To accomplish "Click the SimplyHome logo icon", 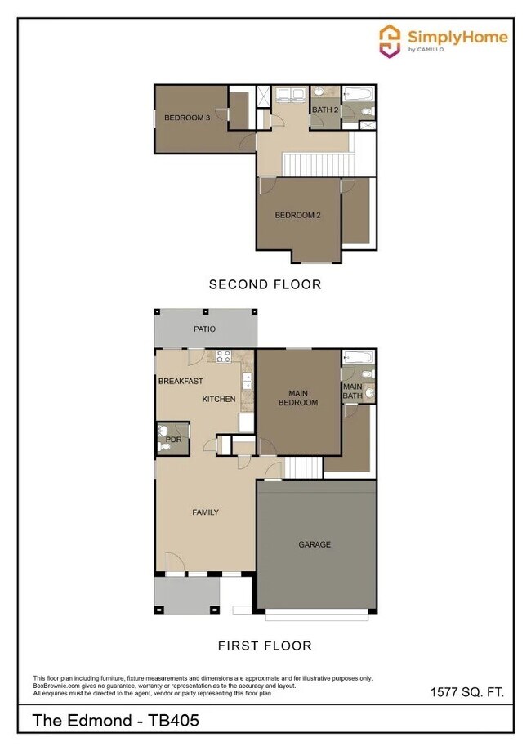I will coord(391,39).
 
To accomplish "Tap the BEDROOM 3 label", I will coord(187,118).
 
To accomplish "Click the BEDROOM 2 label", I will coord(297,216).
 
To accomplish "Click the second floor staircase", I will coord(319,164).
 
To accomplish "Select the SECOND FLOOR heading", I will coord(265,285).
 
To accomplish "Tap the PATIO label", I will coord(204,329).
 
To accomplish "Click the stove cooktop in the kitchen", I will coord(223,355).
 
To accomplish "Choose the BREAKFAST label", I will coord(181,381).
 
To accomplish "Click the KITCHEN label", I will coord(219,399).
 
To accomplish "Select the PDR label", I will coord(172,440).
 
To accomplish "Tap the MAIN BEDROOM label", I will coord(298,397).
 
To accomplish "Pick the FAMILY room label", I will coord(205,512).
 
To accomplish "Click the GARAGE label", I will coord(314,544).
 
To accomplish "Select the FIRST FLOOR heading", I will coord(265,646).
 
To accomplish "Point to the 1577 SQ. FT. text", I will coord(467,692).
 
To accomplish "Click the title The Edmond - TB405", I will coord(115,721).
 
